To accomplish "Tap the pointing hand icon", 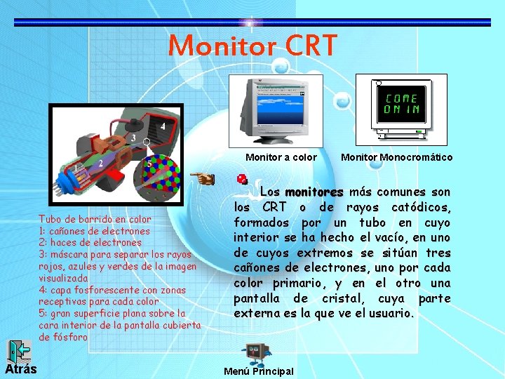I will click(203, 178).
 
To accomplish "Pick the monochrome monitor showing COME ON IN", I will click(401, 108).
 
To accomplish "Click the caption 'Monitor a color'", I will click(281, 157).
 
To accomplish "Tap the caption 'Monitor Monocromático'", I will click(396, 157).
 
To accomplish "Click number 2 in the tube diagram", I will click(100, 163).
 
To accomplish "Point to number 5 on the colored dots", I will click(149, 164).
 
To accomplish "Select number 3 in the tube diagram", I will click(133, 138).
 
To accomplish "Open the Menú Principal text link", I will click(257, 371).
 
